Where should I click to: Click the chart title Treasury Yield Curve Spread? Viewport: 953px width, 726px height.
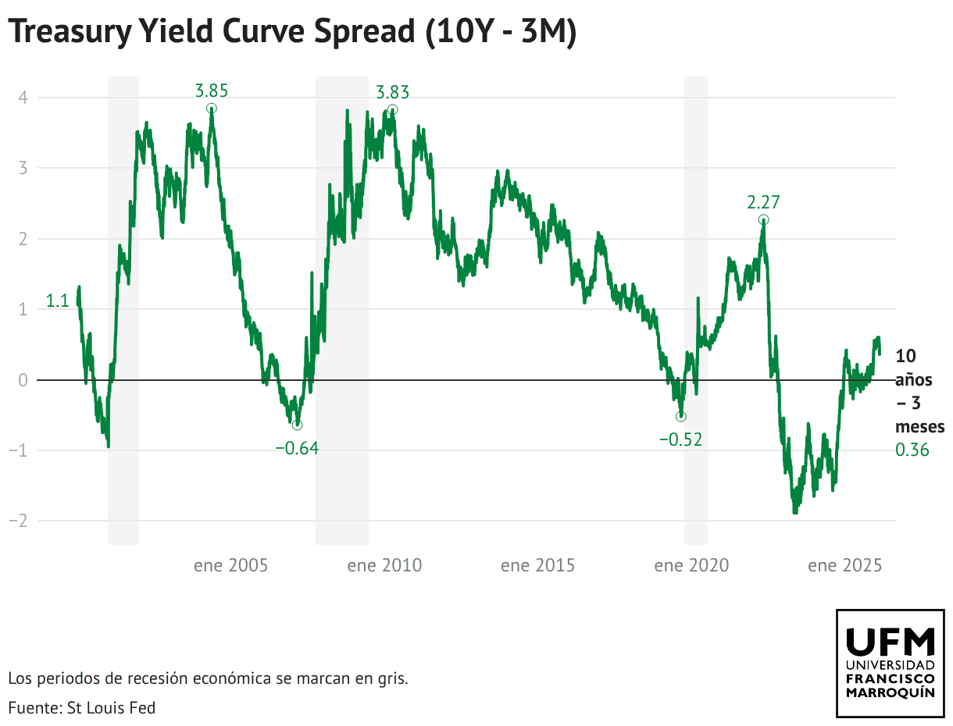tap(292, 32)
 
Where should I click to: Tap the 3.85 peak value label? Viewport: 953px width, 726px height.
tap(211, 91)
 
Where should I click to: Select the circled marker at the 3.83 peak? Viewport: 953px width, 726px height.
tap(392, 110)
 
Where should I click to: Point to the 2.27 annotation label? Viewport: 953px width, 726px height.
tap(763, 203)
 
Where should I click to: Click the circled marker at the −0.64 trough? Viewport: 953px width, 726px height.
tap(297, 425)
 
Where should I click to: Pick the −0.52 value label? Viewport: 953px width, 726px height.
tap(680, 440)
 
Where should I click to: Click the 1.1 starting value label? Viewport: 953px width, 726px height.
tap(58, 301)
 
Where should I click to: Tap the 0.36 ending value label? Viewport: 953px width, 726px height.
tap(912, 450)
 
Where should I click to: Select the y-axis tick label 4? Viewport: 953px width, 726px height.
tap(23, 98)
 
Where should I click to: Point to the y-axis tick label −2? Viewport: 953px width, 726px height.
tap(19, 521)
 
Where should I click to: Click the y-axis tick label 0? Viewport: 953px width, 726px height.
tap(23, 380)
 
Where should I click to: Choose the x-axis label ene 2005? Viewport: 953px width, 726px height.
tap(230, 565)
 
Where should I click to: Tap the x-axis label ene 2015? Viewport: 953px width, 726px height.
tap(537, 565)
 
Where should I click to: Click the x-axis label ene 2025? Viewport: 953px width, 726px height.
tap(844, 565)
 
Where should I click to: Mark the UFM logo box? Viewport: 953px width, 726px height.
tap(890, 663)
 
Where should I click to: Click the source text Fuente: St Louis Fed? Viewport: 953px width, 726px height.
tap(82, 708)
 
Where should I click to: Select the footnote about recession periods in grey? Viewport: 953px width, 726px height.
tap(208, 678)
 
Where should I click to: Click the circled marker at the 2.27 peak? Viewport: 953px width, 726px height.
tap(763, 220)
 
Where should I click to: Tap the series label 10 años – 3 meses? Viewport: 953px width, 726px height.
tap(919, 391)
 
